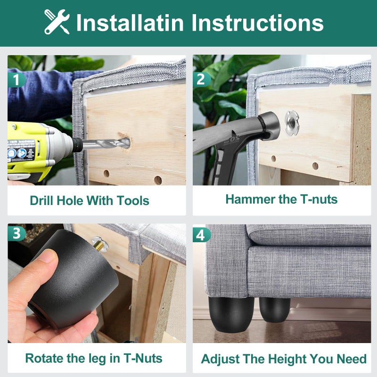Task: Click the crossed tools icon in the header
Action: (x=57, y=22)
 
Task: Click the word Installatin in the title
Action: (x=130, y=23)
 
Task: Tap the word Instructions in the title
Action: (x=257, y=23)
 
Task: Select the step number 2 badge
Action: (x=202, y=79)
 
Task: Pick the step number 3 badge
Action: (x=16, y=233)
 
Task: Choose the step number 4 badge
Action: (x=202, y=235)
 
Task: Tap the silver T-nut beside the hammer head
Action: (x=292, y=123)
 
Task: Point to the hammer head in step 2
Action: (x=269, y=125)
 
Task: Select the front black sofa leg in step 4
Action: (x=231, y=314)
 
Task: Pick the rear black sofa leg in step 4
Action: (x=275, y=310)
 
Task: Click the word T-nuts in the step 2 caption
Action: (x=319, y=199)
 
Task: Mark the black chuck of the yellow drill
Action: (x=77, y=145)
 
